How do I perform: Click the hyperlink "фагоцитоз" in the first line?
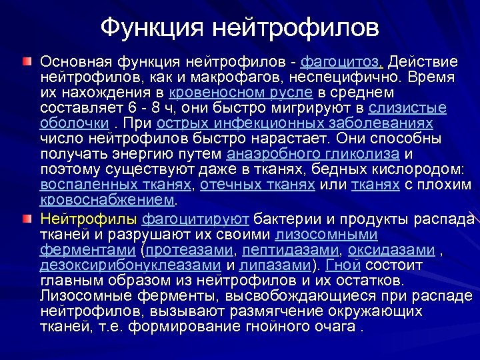click(x=341, y=62)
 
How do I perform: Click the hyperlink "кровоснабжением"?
click(x=107, y=200)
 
